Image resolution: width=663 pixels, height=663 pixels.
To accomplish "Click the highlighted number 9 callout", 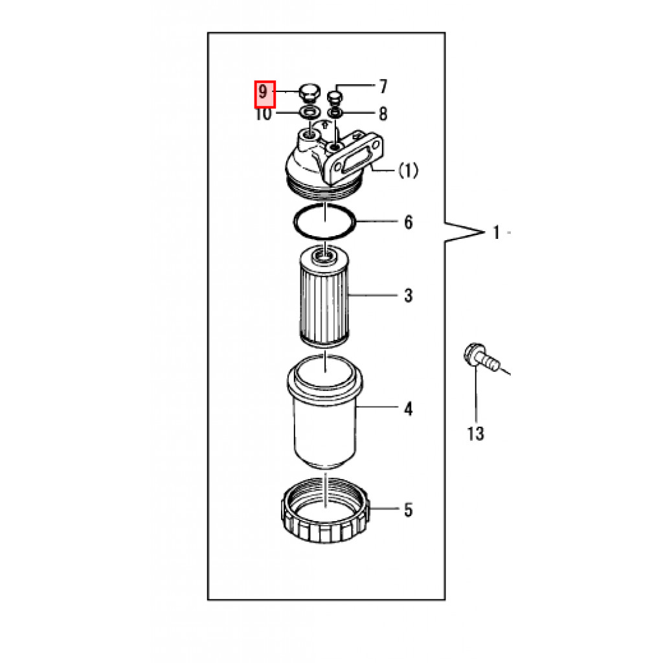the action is tap(265, 94).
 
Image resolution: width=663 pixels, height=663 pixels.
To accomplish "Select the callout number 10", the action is tap(263, 114).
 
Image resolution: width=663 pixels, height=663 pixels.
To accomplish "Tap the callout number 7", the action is tap(383, 87).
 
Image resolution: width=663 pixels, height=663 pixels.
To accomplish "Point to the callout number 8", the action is tap(383, 114).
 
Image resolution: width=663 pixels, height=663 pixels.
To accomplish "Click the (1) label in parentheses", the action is tap(408, 170).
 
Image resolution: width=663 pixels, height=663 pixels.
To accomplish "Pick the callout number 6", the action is tap(409, 223).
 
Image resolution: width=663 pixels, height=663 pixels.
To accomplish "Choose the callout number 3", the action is tap(409, 295).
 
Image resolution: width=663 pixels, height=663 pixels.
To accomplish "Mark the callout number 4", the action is tap(409, 409).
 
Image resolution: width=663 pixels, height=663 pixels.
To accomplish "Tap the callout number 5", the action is tap(409, 510).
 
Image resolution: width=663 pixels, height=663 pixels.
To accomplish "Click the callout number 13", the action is tap(476, 433).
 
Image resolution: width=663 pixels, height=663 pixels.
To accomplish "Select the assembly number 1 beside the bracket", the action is tap(497, 232).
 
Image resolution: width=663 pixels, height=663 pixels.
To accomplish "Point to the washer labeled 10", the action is tap(309, 113).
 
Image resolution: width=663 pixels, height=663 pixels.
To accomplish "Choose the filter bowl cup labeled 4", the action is tap(325, 412).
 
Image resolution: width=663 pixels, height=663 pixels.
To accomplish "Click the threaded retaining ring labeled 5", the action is tap(325, 510).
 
